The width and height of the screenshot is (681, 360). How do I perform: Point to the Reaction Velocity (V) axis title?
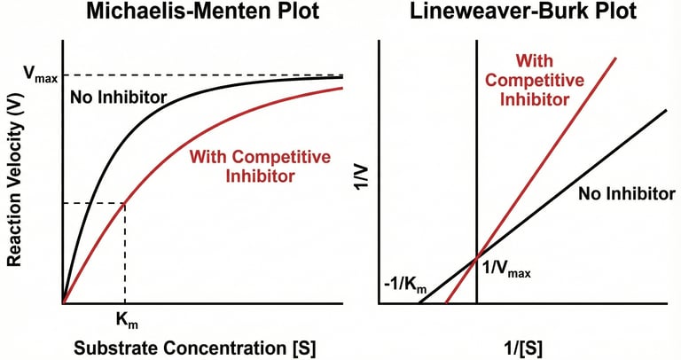point(15,173)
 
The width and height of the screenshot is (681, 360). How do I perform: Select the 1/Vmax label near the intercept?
point(506,271)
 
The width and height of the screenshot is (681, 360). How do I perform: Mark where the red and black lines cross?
point(478,256)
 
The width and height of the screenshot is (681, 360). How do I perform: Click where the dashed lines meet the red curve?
point(125,203)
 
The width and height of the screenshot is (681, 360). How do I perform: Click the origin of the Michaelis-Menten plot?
point(63,304)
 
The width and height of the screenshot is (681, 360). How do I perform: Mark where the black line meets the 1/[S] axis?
point(418,304)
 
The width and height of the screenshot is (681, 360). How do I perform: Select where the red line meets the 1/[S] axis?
point(446,304)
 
